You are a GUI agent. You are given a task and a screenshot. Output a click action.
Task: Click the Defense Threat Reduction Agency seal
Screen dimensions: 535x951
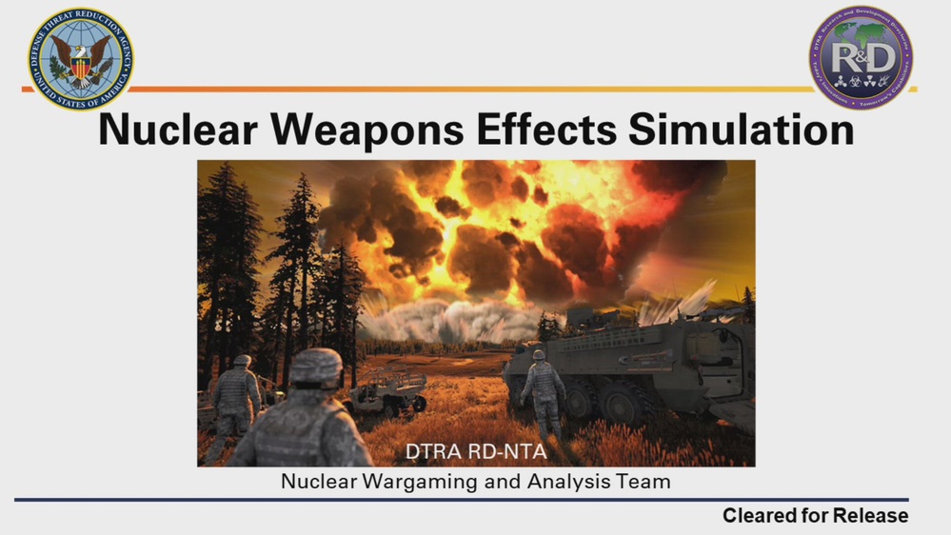pyautogui.click(x=80, y=59)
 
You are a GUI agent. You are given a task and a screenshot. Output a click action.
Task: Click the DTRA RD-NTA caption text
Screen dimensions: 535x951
pyautogui.click(x=476, y=451)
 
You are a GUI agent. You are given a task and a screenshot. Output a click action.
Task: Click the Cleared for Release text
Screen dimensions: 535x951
pyautogui.click(x=815, y=516)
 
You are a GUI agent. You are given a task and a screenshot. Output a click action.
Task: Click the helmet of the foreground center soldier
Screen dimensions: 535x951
pyautogui.click(x=315, y=366)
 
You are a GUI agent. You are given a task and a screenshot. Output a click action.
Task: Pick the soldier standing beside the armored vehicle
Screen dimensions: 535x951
pyautogui.click(x=543, y=394)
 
